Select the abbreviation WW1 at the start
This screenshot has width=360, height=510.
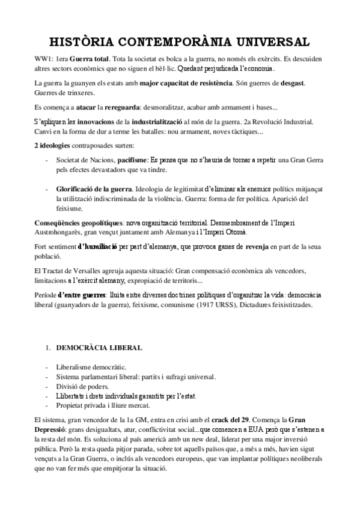pos(41,60)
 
